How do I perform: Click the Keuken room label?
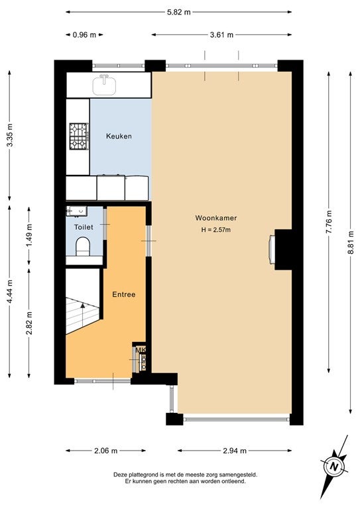point(119,136)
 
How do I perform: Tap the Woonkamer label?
point(216,218)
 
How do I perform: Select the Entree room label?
point(124,294)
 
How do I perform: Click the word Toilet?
point(84,227)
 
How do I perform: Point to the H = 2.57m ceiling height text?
point(216,230)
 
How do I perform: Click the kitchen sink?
point(104,85)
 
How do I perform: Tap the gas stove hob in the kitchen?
point(79,136)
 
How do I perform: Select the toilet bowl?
point(82,247)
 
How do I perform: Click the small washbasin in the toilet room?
point(77,211)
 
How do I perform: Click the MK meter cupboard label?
point(141,350)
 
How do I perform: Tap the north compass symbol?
point(333,467)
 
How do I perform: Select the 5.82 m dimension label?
point(178,13)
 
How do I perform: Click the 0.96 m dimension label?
point(84,34)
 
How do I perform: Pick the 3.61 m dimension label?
point(221,34)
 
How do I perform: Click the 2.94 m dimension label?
point(235,451)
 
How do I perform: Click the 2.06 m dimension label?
point(105,451)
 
